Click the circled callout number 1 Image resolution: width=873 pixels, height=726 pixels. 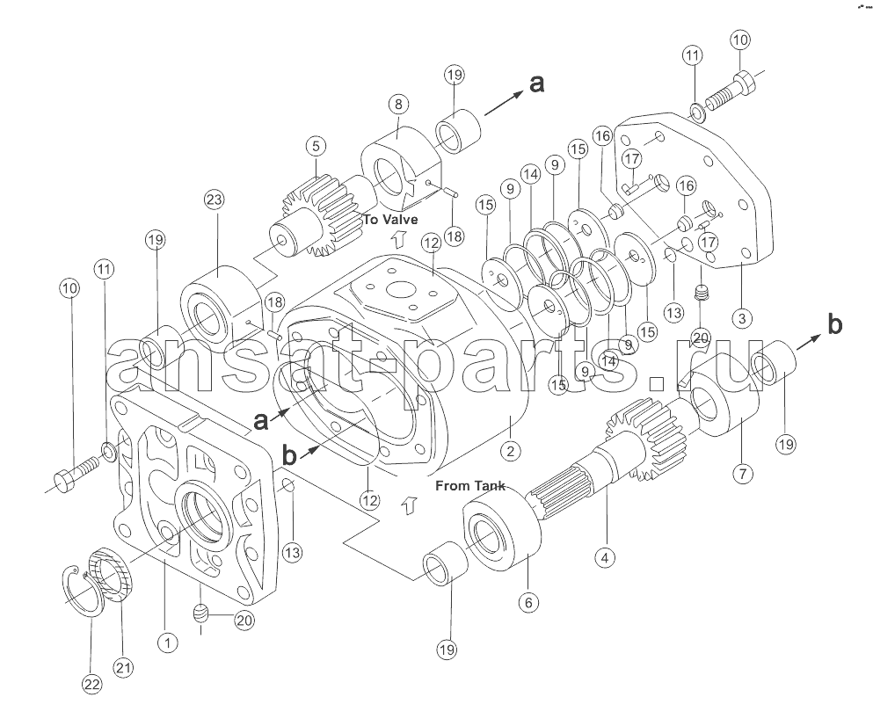point(164,643)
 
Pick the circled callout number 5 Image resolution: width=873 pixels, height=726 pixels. point(316,147)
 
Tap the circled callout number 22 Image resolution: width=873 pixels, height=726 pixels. point(91,684)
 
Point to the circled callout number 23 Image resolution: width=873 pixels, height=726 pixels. point(214,200)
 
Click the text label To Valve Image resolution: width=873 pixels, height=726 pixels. point(390,219)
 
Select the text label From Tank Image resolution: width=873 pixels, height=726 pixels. point(469,485)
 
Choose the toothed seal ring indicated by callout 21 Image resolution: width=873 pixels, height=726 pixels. point(113,574)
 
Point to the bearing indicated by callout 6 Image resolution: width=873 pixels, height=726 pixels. point(498,534)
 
